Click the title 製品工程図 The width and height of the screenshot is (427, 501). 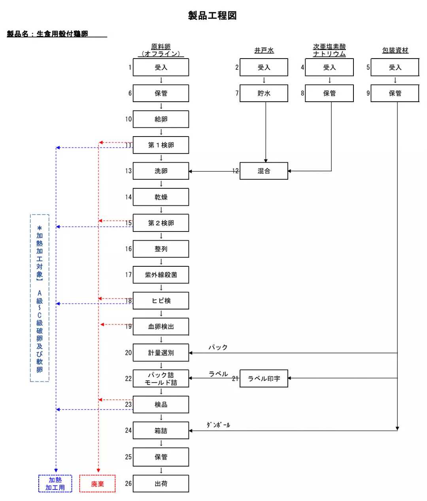212,16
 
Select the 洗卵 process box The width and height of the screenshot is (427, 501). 161,171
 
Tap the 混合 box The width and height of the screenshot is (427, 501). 264,171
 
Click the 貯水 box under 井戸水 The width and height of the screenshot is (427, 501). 264,93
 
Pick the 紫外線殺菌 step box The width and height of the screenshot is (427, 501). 161,275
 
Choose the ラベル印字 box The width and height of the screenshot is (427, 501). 264,378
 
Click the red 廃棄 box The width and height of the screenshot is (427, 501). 97,484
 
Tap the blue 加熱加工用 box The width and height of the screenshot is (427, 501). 55,484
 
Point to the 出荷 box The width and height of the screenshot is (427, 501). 161,484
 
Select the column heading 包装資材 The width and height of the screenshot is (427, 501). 395,50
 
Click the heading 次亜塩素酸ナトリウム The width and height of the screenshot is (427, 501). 329,50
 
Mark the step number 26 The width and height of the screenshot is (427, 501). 128,483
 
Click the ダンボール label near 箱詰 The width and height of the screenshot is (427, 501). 218,425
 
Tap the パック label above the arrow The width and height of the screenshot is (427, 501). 218,347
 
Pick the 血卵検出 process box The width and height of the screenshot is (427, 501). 161,326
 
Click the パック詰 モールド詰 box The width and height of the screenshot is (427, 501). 161,379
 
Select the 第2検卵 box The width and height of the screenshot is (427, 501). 161,223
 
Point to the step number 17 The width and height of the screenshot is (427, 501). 128,275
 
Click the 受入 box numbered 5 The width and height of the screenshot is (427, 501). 395,67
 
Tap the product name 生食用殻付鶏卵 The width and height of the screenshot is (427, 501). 62,34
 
